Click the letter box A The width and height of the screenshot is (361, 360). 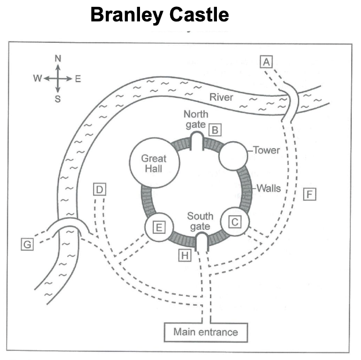pos(266,62)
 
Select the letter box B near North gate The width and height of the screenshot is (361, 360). pos(215,130)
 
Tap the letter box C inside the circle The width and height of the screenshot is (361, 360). pos(235,222)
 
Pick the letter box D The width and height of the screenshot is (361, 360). pos(100,189)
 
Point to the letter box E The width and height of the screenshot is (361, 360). pos(159,227)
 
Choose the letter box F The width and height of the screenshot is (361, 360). pos(310,194)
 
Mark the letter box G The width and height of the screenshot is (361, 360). pos(27,244)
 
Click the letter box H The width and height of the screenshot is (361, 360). pos(185,255)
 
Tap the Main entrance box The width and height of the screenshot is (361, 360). pos(206,332)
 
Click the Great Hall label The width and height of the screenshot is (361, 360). pos(154,164)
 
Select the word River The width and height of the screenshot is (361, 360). pos(221,97)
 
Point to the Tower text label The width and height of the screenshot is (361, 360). pos(267,150)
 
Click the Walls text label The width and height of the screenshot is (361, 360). pos(268,188)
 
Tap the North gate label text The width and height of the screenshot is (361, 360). pos(196,119)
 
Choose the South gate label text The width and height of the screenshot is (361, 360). pos(200,221)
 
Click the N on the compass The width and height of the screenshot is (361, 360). pos(58,58)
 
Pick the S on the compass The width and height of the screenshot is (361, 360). pos(58,99)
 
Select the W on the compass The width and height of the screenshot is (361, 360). pos(38,78)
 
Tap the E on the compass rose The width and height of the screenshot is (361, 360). pos(78,79)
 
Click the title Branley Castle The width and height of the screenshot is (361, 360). pos(160,14)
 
